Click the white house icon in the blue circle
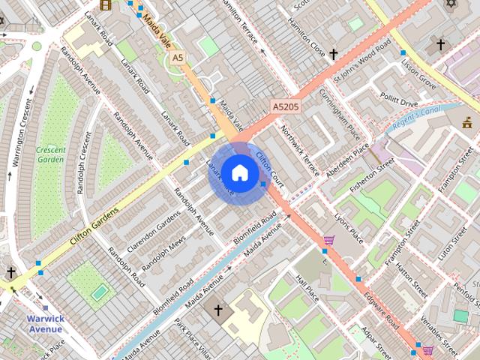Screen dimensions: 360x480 [x=239, y=172]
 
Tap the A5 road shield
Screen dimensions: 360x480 [x=177, y=57]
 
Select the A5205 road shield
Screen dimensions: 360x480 [x=285, y=107]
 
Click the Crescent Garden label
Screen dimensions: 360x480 [x=50, y=154]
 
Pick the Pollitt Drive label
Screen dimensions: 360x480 [x=398, y=102]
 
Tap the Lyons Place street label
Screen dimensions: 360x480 [x=349, y=227]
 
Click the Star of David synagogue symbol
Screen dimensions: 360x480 [x=451, y=4]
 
